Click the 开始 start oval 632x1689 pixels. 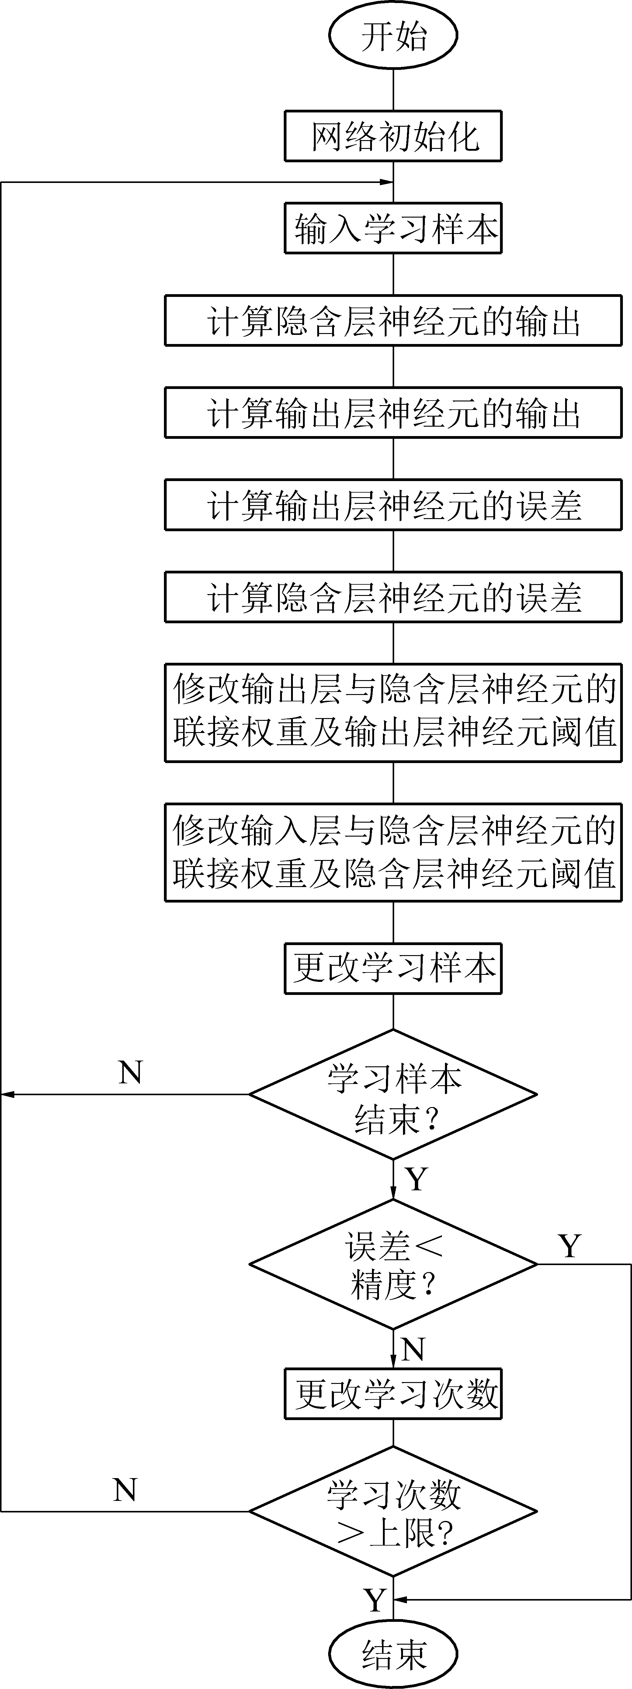(x=393, y=35)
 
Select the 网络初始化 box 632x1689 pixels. (x=393, y=136)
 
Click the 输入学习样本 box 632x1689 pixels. (x=393, y=228)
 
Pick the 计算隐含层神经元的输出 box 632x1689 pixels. (x=393, y=321)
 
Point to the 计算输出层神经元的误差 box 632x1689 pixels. (x=393, y=505)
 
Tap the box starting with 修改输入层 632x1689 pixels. (x=393, y=852)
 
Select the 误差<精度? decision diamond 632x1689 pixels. (x=393, y=1264)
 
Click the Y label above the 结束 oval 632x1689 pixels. (x=375, y=1601)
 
